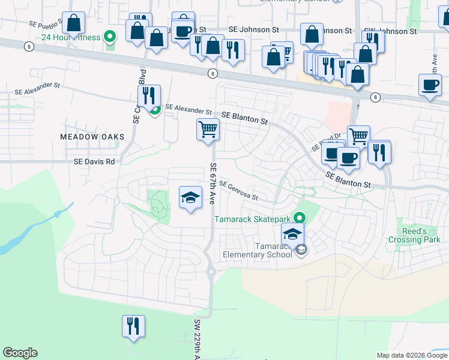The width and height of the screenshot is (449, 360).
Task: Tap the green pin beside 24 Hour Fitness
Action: [109, 37]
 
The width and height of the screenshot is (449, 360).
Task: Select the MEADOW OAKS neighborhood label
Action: [92, 137]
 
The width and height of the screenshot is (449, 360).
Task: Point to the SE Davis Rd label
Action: [94, 161]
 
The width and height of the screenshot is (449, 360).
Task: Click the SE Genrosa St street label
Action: [238, 191]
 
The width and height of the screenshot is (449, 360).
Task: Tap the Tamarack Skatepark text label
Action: [253, 218]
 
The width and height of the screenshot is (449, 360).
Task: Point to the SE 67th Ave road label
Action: [213, 183]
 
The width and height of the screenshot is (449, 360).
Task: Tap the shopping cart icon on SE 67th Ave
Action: [208, 129]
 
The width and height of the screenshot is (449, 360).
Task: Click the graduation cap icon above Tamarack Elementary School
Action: [292, 234]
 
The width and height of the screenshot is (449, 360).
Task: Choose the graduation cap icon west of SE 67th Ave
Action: [190, 197]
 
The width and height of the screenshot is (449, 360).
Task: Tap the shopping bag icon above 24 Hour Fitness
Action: [73, 23]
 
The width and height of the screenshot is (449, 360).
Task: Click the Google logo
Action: [20, 353]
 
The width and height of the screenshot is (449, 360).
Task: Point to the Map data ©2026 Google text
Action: [412, 355]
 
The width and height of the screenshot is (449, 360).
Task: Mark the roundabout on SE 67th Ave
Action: [211, 271]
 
